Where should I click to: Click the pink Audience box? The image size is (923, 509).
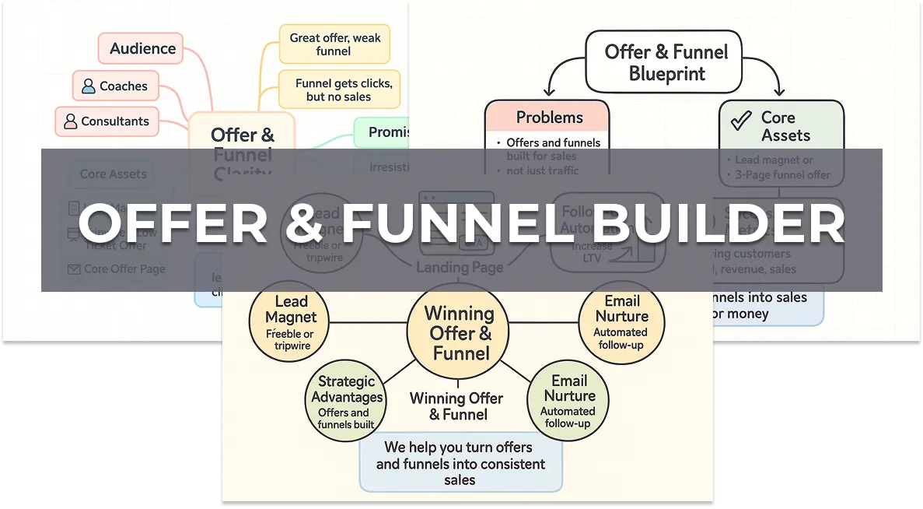141,48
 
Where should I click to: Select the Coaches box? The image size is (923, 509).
116,86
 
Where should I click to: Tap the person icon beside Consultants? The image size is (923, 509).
71,121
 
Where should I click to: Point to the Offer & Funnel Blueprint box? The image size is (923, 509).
666,62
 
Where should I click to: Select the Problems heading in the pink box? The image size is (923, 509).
549,118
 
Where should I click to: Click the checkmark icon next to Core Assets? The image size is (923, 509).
741,120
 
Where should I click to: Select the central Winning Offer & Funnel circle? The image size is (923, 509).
458,333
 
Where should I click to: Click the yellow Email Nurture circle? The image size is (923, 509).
621,320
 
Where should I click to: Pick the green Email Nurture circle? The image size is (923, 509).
568,400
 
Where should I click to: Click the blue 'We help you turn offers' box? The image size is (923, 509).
460,464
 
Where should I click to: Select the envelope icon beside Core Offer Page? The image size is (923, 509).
74,269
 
